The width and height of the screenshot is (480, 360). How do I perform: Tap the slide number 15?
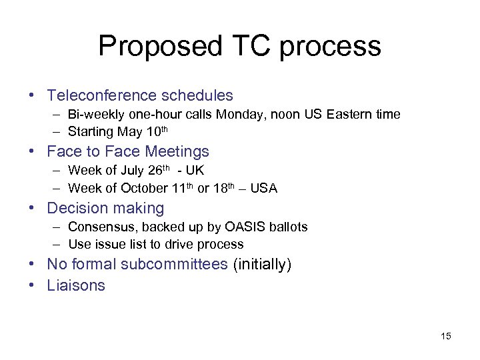click(446, 336)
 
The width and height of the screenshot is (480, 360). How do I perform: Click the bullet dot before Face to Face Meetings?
click(33, 152)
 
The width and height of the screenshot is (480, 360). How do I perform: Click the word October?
click(144, 189)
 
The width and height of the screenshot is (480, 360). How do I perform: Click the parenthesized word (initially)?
click(262, 265)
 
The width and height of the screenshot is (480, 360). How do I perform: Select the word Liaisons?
click(76, 285)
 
